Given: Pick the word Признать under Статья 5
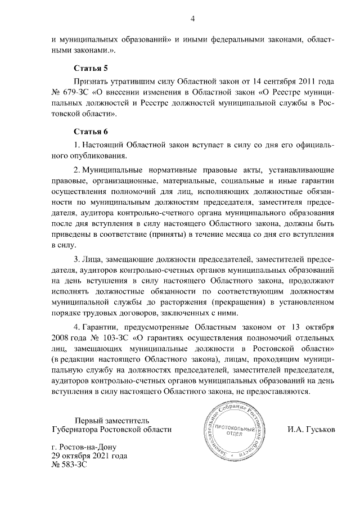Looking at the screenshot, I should coord(92,81).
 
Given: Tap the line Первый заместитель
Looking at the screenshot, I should coord(112,420).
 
